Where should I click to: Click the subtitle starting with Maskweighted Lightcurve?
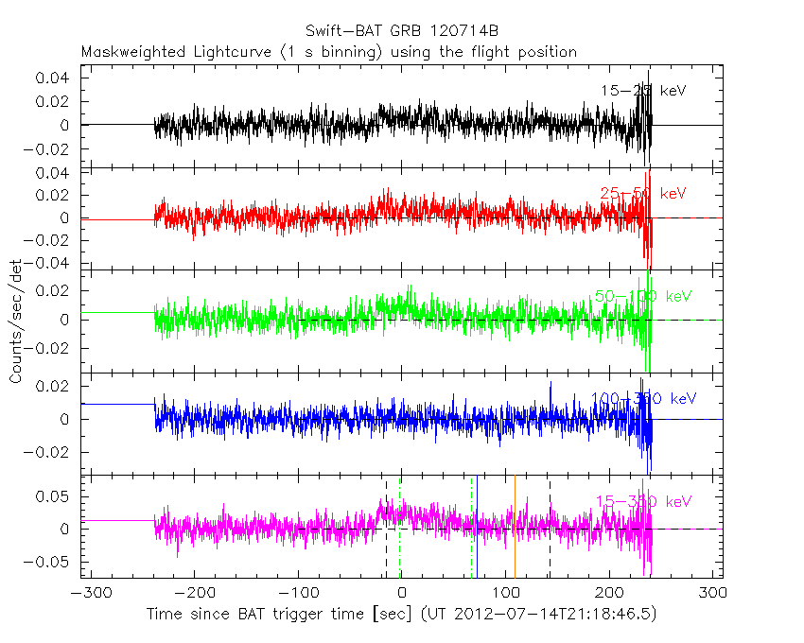328,52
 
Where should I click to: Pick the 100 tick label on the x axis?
506,594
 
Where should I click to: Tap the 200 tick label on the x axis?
610,594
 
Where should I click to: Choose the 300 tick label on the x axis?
714,594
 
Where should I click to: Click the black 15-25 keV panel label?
642,91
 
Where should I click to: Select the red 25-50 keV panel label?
642,194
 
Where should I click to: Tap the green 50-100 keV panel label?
642,296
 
